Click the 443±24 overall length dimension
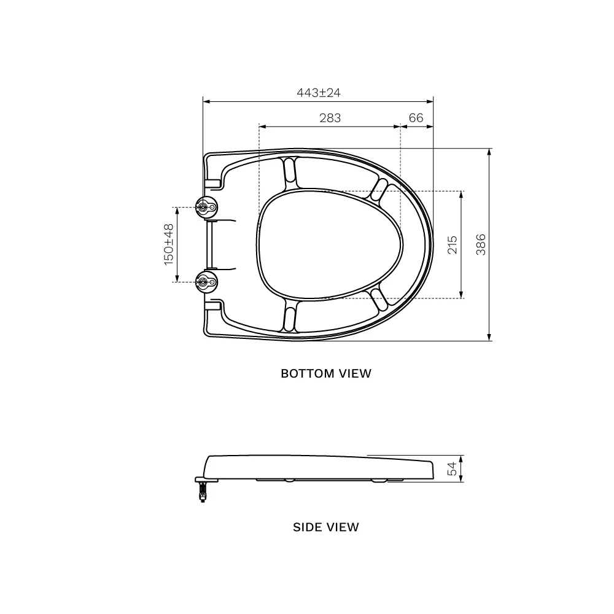click(x=318, y=93)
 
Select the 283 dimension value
click(x=330, y=118)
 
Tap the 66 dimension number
click(x=416, y=118)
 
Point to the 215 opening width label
click(x=453, y=245)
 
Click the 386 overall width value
click(x=481, y=245)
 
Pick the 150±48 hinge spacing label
click(x=169, y=245)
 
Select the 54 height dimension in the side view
click(x=452, y=468)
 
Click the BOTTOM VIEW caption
click(x=326, y=373)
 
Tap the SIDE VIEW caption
click(x=326, y=527)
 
